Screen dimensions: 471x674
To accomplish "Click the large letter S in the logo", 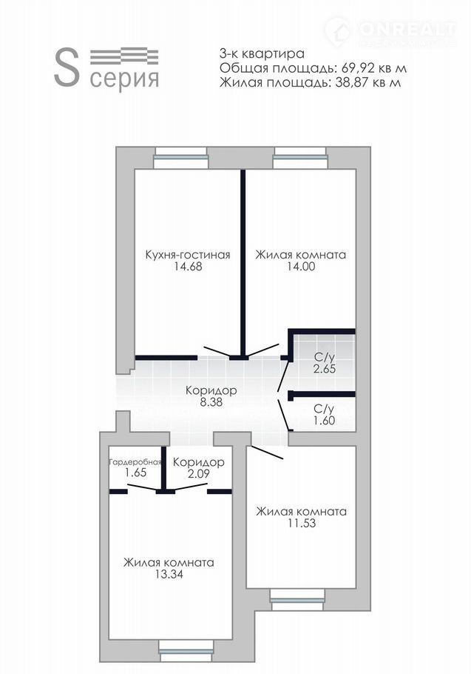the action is (67, 67).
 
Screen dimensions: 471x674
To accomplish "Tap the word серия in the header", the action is (124, 79).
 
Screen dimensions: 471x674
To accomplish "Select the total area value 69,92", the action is (356, 68).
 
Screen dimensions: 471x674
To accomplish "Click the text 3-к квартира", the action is (262, 54).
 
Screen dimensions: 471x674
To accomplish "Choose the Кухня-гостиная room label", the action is (188, 255).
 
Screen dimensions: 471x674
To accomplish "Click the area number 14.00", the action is (301, 267).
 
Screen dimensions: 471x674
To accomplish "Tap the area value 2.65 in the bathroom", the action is (325, 369).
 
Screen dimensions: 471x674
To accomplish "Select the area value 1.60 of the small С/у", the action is (325, 421).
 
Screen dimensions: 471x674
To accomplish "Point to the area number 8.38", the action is (211, 402).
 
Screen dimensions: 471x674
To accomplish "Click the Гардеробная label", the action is (135, 462).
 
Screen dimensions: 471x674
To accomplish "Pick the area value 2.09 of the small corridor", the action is (199, 473).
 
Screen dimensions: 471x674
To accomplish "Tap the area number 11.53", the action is (302, 523).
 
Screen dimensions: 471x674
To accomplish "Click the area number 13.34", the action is (169, 574).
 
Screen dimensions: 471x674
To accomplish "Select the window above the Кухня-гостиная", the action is (181, 158).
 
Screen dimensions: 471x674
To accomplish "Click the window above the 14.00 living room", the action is (300, 158).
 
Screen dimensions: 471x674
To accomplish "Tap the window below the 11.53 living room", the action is (297, 600).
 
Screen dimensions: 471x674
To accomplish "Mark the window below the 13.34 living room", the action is (186, 651).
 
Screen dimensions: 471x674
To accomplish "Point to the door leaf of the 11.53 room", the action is (267, 453).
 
